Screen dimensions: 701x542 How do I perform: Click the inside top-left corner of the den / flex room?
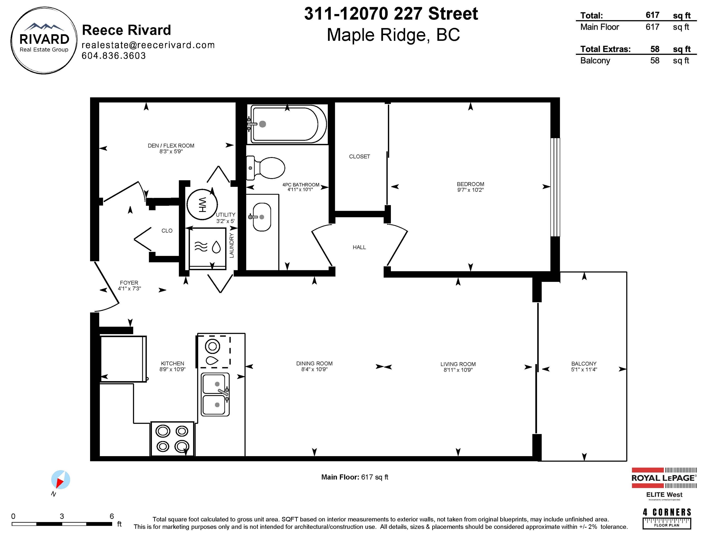click(x=99, y=102)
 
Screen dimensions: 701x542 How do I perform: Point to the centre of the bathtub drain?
click(x=263, y=124)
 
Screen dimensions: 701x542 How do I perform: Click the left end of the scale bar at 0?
click(x=12, y=524)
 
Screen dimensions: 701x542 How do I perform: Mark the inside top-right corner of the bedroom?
click(x=551, y=102)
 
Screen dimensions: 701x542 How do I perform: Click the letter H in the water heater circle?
click(x=202, y=209)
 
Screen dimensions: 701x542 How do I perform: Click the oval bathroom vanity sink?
click(x=262, y=217)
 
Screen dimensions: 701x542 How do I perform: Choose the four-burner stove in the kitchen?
click(x=172, y=438)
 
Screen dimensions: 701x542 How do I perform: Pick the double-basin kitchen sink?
click(x=215, y=394)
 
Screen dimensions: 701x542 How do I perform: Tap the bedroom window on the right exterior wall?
click(x=555, y=187)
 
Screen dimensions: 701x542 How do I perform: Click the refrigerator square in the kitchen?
click(x=123, y=359)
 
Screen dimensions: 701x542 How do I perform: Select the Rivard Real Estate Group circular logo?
click(x=44, y=40)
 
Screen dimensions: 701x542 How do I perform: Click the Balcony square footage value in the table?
click(x=655, y=60)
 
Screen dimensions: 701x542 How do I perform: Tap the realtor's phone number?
click(x=114, y=56)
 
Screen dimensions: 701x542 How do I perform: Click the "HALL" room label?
click(x=359, y=247)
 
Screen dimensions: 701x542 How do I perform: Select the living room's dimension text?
click(x=458, y=370)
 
